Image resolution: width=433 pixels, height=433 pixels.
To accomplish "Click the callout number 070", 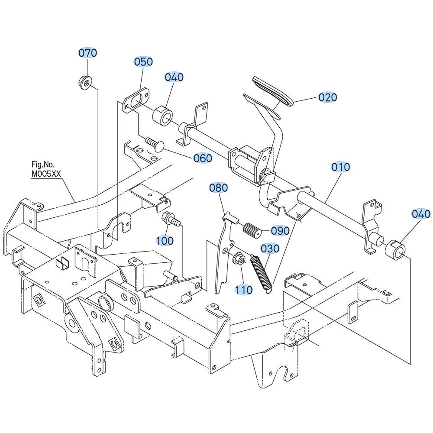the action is (x=87, y=53).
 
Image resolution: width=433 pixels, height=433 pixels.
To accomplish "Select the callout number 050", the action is (x=143, y=61).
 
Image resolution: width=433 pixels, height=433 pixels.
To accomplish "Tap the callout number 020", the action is (x=328, y=97).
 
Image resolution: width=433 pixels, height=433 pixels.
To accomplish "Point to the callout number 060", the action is (x=203, y=158).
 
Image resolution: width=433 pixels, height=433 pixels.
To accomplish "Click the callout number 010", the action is (x=340, y=167).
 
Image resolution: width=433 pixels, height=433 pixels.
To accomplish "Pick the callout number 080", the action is (x=218, y=188).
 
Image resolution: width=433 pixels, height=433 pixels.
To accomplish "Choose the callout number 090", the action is (x=280, y=231).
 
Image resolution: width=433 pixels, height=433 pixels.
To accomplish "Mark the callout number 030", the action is (x=270, y=249).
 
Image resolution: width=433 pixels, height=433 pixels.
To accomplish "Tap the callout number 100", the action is (x=165, y=240).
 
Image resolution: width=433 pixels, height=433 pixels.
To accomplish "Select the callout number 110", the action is (x=243, y=290).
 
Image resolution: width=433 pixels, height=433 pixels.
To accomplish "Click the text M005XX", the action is (x=46, y=174).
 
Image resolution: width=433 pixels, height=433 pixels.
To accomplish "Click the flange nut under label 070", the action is (x=85, y=82).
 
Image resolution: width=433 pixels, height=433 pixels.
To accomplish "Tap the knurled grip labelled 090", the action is (x=252, y=229).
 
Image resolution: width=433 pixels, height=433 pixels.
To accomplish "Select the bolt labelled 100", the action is (x=171, y=219).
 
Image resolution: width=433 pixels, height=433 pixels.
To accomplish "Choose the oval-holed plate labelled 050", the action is (x=136, y=100).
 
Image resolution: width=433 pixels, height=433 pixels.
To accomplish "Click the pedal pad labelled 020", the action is (x=273, y=92).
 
